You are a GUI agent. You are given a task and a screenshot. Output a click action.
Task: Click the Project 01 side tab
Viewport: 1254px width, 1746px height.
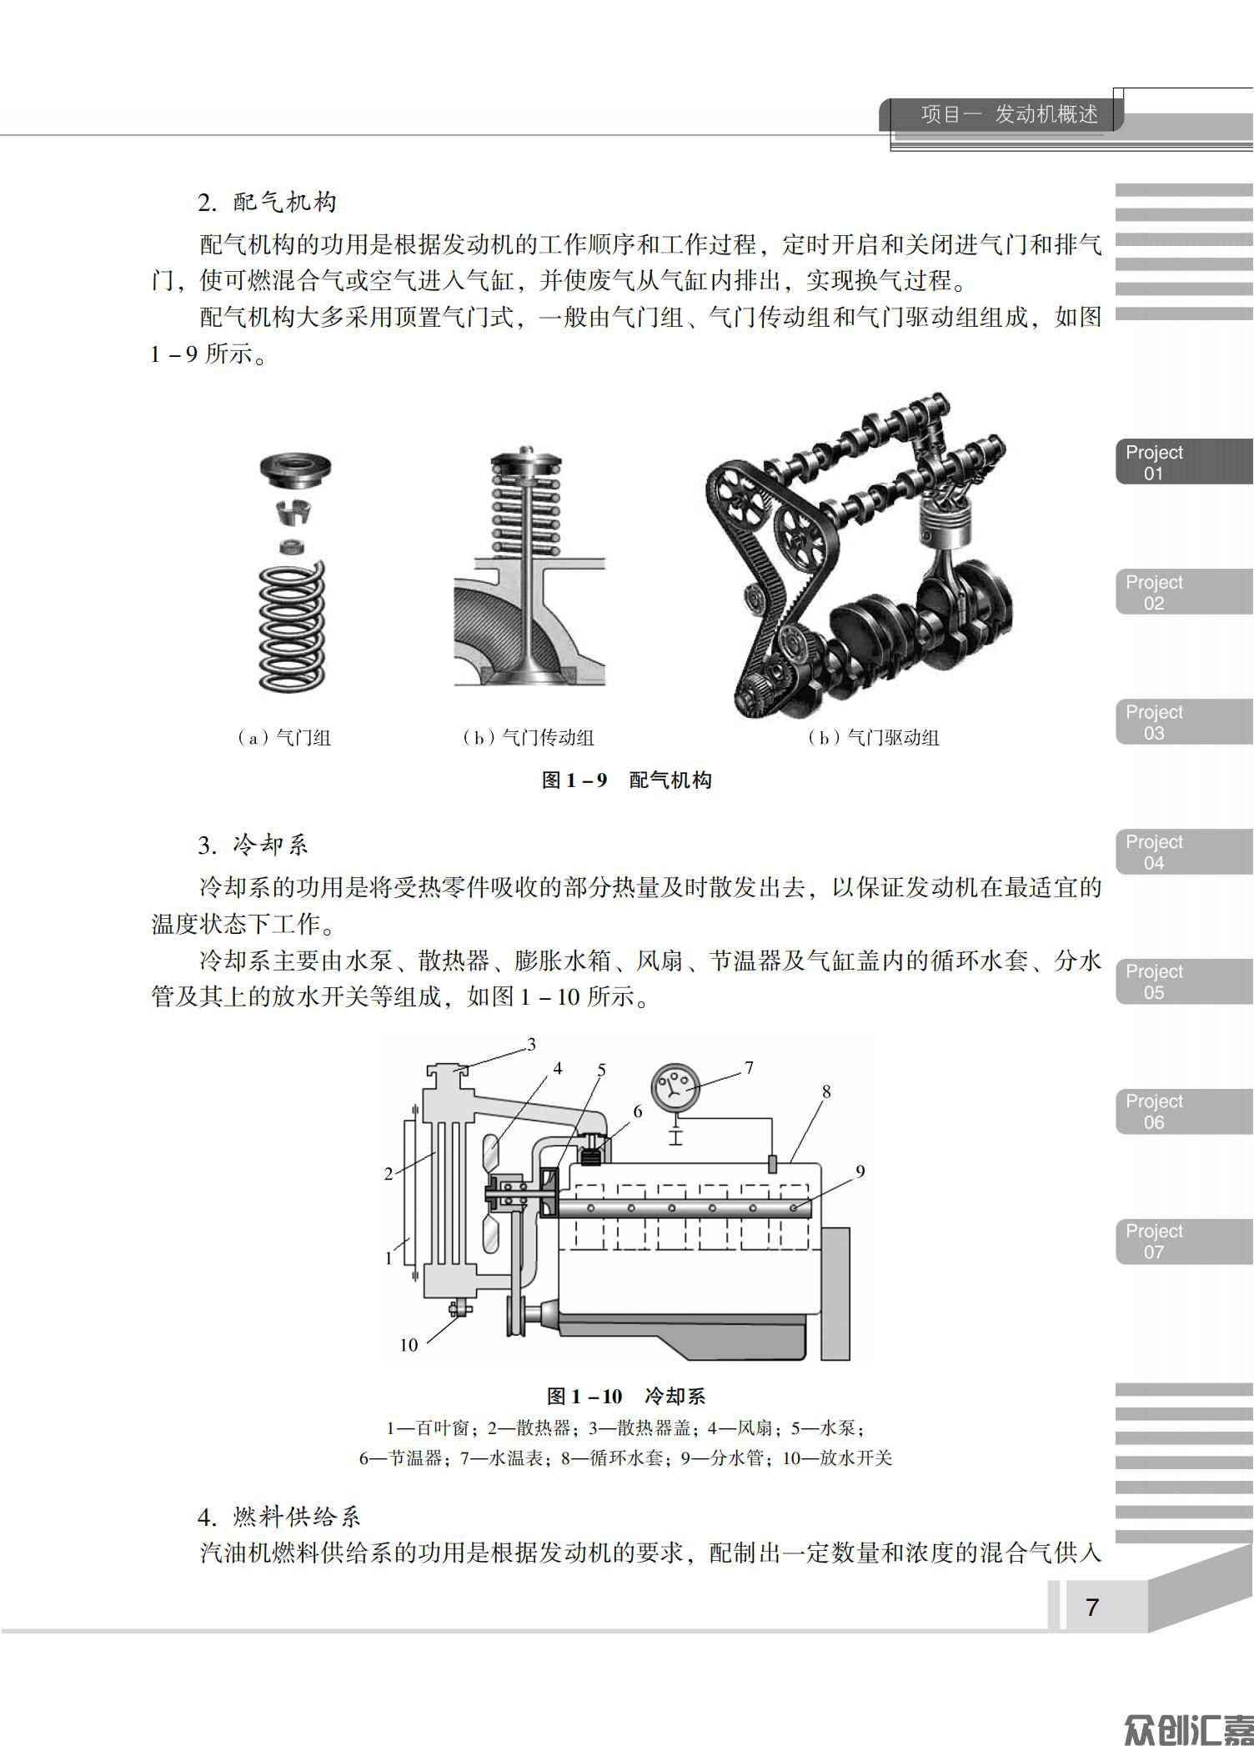tap(1184, 463)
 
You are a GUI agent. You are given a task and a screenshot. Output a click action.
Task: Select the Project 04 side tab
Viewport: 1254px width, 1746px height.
tap(1184, 852)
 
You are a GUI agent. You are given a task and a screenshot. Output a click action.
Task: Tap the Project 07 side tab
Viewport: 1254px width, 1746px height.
tap(1184, 1242)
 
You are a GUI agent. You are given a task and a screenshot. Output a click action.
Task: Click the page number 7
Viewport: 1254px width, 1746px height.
tap(1092, 1607)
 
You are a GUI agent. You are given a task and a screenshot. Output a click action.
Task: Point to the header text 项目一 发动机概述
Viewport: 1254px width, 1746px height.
tap(1010, 114)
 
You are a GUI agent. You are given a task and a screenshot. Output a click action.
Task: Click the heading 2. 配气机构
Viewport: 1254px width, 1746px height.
tap(267, 202)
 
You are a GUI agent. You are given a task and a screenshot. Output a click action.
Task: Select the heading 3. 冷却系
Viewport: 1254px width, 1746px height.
tap(253, 845)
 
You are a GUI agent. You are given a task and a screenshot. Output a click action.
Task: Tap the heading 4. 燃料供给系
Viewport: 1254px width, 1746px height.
tap(279, 1516)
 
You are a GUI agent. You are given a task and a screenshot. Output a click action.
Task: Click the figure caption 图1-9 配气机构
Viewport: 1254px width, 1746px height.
tap(627, 780)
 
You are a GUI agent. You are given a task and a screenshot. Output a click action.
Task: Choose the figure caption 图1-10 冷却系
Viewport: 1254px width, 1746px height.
tap(626, 1396)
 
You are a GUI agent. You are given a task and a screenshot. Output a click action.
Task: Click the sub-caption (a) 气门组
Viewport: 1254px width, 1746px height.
tap(283, 738)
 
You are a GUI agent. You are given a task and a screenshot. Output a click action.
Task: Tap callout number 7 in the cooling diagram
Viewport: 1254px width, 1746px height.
tap(749, 1068)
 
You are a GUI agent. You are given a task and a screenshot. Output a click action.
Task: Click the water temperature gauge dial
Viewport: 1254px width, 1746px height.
tap(675, 1086)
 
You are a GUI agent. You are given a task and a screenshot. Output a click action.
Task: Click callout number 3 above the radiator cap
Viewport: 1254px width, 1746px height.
tap(531, 1044)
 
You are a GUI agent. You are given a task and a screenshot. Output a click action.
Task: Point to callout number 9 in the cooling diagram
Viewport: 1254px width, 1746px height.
tap(860, 1172)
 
